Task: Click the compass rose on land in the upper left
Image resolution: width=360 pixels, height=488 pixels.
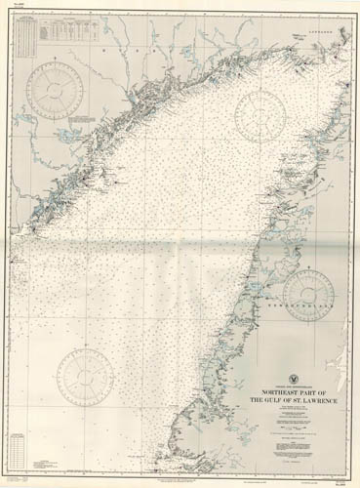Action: [54, 88]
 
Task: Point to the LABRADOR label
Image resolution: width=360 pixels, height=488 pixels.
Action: [322, 33]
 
